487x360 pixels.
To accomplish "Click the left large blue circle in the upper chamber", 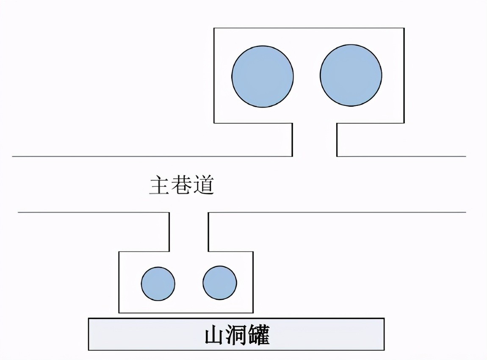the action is pos(263,76).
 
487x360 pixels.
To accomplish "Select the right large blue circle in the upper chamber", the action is pos(351,75).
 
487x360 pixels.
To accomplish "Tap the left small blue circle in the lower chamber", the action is pos(158,284).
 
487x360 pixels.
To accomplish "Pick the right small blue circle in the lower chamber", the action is pos(220,282).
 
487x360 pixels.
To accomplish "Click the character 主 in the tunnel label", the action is pos(160,186).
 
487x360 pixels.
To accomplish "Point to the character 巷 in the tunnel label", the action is pos(181,186).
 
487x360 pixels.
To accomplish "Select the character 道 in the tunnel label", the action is pos(203,186).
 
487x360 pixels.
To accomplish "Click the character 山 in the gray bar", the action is pos(214,335).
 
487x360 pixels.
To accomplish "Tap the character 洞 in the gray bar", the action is pos(237,335).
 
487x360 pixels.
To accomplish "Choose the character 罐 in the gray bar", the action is pos(259,335).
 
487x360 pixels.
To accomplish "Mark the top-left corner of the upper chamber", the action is pos(214,28).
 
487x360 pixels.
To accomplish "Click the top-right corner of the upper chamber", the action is pos(404,28).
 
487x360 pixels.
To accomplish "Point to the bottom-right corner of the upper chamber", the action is pos(404,123).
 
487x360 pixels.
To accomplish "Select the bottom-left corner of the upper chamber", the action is pos(214,123).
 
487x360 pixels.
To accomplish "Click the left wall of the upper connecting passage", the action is pos(292,140).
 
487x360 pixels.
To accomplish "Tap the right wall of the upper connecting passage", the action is pos(337,140).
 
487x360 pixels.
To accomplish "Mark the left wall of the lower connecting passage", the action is pos(169,232).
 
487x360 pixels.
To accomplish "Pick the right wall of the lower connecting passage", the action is pos(208,232).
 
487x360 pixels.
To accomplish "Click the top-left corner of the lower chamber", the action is pos(119,252).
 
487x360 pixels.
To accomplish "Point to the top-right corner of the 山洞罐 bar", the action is pos(384,318).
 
